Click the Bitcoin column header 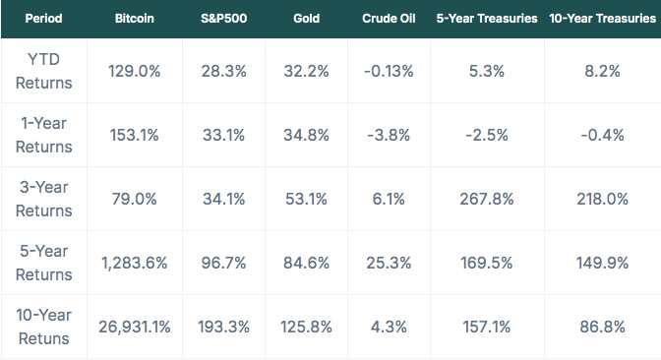click(x=135, y=19)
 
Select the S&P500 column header click(x=224, y=19)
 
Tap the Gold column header click(x=307, y=19)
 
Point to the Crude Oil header click(x=389, y=19)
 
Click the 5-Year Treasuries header click(x=487, y=19)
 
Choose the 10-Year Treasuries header click(x=603, y=19)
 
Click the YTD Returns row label click(x=44, y=71)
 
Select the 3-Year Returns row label click(x=44, y=199)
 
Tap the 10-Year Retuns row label click(x=44, y=327)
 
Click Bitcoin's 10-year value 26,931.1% click(x=135, y=327)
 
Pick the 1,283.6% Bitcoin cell click(x=135, y=263)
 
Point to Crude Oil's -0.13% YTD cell click(x=389, y=71)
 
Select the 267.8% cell click(x=487, y=199)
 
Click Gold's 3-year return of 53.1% click(x=307, y=199)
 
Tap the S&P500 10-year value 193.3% click(x=224, y=327)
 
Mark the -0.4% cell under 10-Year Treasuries click(x=602, y=136)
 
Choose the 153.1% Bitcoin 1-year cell click(x=135, y=136)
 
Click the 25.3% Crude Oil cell click(x=389, y=263)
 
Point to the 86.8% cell click(x=602, y=327)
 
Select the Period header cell click(x=44, y=19)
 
